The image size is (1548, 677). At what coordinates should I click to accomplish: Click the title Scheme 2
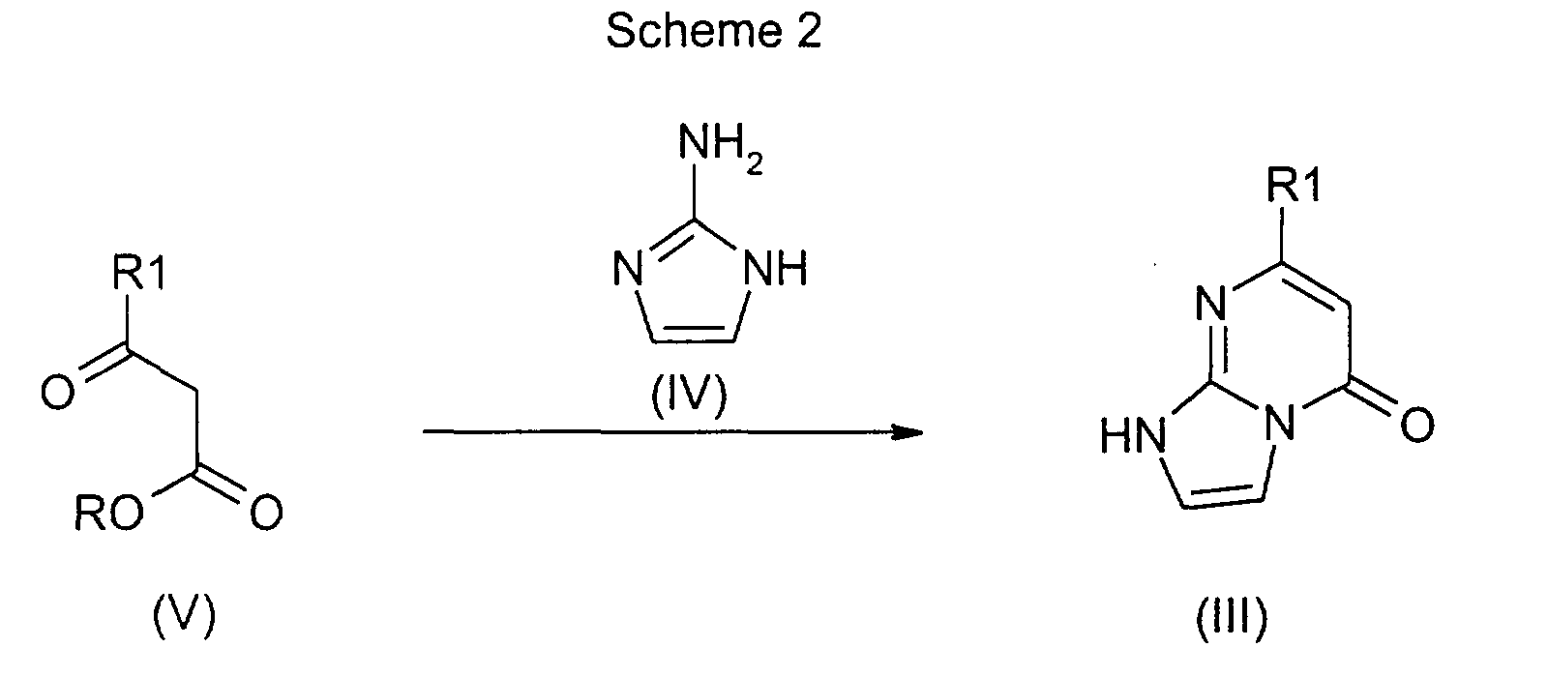coord(713,32)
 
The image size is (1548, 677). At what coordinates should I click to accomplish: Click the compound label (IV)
coord(689,397)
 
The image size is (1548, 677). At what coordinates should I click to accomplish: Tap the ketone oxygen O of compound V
coord(57,395)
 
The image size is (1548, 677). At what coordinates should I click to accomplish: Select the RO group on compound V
coord(106,514)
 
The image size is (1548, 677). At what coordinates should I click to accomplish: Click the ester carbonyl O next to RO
coord(264,514)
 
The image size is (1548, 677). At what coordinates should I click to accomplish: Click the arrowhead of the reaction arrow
coord(905,432)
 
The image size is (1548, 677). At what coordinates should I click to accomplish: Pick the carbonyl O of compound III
coord(1415,424)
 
